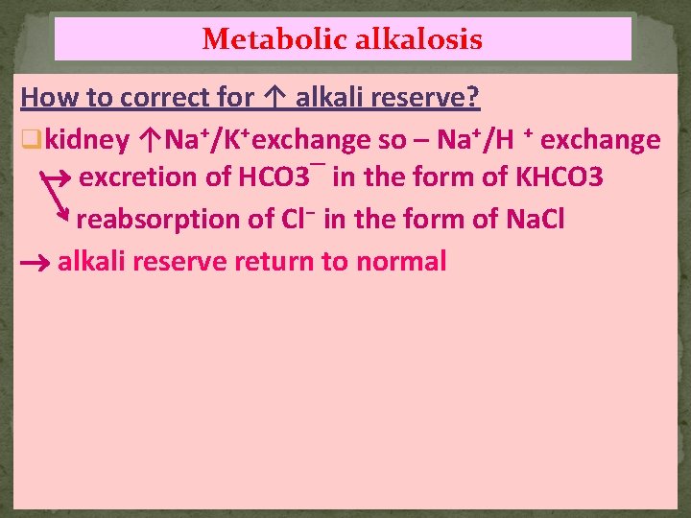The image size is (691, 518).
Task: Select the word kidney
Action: coord(87,140)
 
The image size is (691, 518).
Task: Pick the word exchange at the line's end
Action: coord(602,140)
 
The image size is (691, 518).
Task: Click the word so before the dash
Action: coord(392,140)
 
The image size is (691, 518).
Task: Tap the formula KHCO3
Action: coord(560,178)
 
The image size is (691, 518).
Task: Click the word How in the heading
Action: coord(46,97)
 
